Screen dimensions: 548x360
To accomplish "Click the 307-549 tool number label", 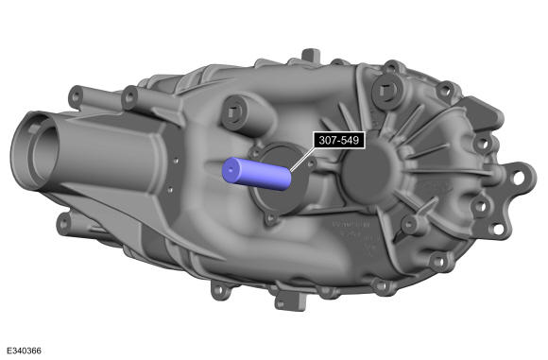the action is coord(339,140).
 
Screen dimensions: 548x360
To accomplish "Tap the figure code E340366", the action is coord(24,351).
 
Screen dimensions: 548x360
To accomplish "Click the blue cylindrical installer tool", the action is coord(257,174).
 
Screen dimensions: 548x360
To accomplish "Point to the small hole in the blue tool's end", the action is coord(231,170).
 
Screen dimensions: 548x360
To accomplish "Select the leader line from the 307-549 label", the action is coord(302,159).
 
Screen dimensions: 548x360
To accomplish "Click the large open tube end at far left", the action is coord(34,150).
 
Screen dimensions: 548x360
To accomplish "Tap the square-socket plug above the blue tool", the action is coord(232,112).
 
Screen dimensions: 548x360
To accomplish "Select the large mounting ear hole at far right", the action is coord(518,178).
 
